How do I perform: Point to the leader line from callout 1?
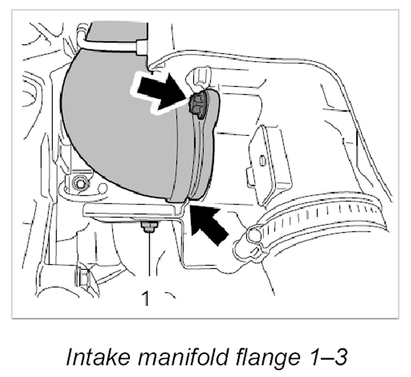pos(150,258)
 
